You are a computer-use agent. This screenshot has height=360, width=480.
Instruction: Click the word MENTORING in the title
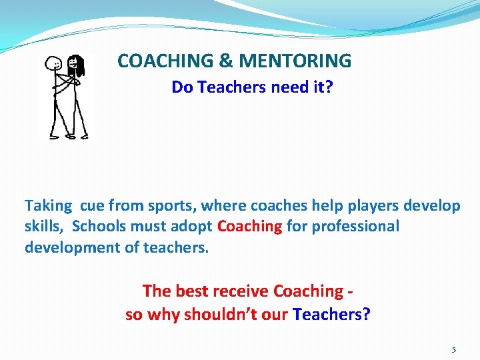point(295,61)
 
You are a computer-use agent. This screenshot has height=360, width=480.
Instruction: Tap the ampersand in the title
point(225,61)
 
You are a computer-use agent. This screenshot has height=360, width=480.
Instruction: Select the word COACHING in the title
point(166,61)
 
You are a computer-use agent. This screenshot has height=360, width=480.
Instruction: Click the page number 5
point(453,349)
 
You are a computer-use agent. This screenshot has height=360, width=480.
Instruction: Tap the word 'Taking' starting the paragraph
point(47,205)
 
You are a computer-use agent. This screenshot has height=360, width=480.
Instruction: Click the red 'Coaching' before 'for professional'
point(249,226)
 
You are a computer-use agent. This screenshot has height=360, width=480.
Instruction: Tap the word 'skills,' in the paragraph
point(45,226)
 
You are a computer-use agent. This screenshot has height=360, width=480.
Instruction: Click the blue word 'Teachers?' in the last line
point(331,313)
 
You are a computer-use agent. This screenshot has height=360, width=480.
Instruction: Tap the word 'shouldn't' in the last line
point(215,313)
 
